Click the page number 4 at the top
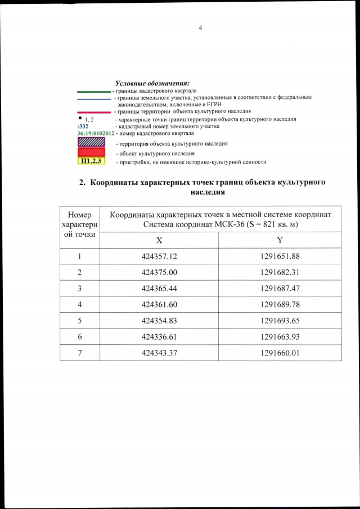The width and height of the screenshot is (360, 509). click(x=200, y=28)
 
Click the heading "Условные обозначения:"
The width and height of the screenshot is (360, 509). click(x=152, y=83)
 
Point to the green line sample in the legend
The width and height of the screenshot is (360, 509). click(x=94, y=91)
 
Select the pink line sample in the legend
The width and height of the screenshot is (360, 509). click(x=94, y=112)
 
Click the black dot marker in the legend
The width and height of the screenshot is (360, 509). click(x=82, y=118)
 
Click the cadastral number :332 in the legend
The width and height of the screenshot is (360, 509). click(x=83, y=127)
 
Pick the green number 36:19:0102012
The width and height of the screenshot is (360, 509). click(x=96, y=134)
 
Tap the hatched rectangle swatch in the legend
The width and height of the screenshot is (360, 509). click(x=91, y=143)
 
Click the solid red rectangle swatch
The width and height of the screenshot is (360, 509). click(x=91, y=153)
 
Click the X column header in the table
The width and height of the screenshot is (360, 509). click(x=159, y=240)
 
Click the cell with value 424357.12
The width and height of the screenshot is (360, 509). click(x=159, y=256)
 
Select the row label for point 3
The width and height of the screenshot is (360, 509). click(x=80, y=289)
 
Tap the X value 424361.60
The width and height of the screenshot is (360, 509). click(x=159, y=304)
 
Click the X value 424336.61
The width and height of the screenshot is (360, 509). click(x=159, y=336)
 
